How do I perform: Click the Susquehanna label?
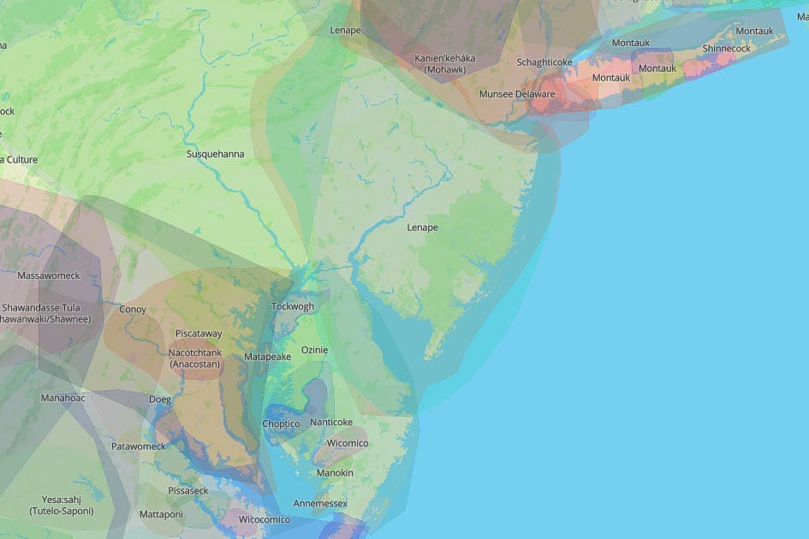pos(216,154)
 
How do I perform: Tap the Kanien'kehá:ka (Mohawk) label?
pos(445,63)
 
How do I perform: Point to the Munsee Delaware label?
pos(517,94)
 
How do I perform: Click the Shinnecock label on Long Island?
pos(726,49)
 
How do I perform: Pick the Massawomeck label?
pos(49,275)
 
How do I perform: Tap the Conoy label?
pos(133,309)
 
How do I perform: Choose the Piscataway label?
pos(199,333)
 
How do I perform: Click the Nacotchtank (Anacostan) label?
pos(195,358)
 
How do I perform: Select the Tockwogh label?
pos(293,306)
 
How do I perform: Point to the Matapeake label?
pos(268,356)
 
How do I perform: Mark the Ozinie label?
pos(314,350)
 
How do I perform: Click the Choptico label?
pos(281,423)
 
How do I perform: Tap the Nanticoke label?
pos(331,422)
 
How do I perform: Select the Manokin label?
pos(335,473)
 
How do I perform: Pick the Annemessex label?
pos(320,503)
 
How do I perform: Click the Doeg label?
pos(160,400)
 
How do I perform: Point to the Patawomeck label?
pos(139,446)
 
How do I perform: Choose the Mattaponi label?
pos(161,514)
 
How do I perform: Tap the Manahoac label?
pos(62,398)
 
